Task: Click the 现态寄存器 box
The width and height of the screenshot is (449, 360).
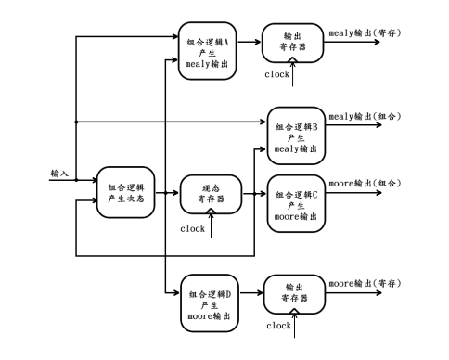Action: pos(210,194)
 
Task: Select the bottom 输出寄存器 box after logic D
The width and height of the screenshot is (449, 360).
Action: pos(293,295)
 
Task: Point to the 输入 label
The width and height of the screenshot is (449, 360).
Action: pos(58,174)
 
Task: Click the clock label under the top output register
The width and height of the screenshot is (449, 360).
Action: pos(277,73)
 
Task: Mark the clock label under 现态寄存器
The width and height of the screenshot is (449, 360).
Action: pos(193,228)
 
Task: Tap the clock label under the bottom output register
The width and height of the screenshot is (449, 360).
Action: pos(278,326)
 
